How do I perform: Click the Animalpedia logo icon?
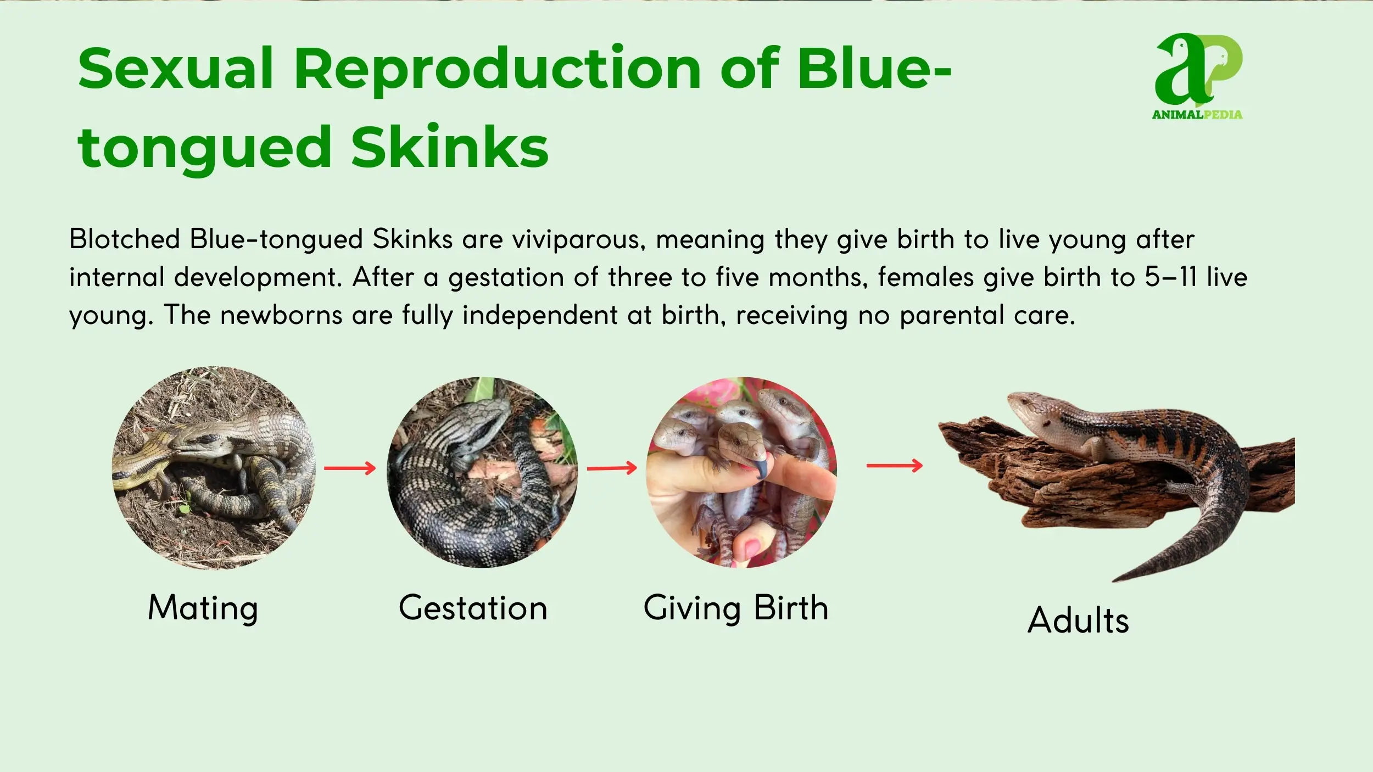1198,70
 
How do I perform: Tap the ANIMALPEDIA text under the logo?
1197,115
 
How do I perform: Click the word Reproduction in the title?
498,70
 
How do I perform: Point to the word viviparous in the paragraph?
579,240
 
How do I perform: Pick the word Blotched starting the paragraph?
125,239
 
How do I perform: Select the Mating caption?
203,609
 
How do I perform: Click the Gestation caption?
473,608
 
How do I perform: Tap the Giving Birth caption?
736,609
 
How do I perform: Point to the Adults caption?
1078,620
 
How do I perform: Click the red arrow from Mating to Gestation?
350,468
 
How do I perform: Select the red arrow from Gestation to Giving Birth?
612,468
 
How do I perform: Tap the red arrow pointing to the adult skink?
895,466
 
